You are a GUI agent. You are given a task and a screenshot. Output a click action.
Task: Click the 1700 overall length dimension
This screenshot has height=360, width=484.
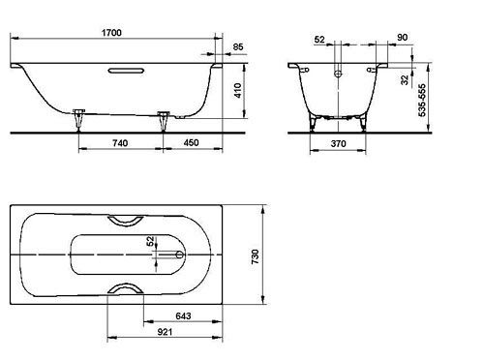[x=111, y=33]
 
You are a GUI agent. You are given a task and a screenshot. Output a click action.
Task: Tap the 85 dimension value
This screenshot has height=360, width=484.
[x=238, y=46]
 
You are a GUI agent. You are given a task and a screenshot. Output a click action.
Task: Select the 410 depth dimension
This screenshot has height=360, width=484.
[x=238, y=90]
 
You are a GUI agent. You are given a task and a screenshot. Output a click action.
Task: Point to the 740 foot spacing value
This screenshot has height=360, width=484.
[x=120, y=142]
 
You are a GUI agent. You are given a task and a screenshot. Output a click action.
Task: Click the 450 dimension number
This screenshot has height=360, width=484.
[x=191, y=142]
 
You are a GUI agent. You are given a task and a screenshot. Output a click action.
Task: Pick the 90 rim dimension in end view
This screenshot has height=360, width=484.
[x=402, y=38]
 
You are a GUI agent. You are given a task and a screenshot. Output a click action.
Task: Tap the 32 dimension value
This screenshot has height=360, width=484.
[x=405, y=79]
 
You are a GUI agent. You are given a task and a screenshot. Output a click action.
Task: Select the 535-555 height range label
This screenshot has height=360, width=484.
[x=422, y=100]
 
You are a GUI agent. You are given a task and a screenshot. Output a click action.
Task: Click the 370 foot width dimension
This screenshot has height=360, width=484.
[x=338, y=143]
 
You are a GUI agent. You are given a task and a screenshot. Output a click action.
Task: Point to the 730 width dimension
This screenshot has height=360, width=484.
[x=255, y=256]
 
